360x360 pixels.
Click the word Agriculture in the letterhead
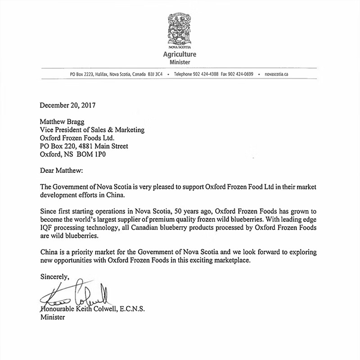(x=180, y=55)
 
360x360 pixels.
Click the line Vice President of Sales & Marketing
(x=92, y=130)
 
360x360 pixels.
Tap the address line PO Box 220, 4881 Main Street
(x=84, y=146)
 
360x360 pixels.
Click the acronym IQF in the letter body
(x=47, y=228)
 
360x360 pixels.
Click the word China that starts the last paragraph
(x=49, y=252)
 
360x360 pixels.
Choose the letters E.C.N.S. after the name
(x=133, y=310)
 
